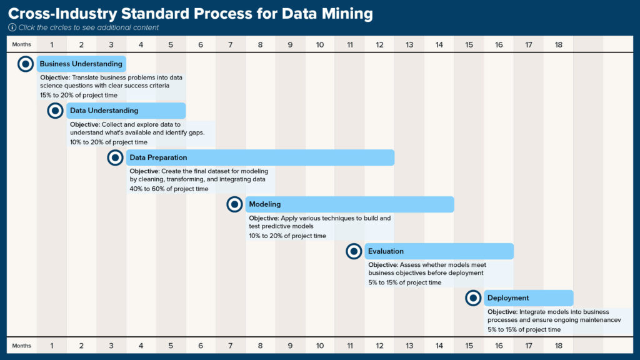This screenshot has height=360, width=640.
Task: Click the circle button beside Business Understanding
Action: point(26,64)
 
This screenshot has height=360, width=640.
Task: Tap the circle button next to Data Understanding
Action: point(56,111)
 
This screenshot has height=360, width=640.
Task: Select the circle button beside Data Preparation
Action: point(115,157)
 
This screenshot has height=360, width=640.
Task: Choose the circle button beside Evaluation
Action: point(354,251)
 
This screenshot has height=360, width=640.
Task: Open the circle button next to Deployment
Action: point(473,298)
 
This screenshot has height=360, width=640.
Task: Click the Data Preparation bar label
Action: point(158,157)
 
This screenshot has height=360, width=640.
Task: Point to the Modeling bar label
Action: point(265,204)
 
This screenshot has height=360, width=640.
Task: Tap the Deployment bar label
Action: point(508,298)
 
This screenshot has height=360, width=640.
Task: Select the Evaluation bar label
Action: point(386,251)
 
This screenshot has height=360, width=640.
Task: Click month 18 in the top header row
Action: point(558,44)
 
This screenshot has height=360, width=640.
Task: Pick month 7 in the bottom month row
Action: point(230,345)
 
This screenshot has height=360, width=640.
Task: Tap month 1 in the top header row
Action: point(51,44)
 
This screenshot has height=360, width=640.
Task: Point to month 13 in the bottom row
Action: point(409,345)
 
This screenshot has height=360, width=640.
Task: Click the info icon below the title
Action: point(12,27)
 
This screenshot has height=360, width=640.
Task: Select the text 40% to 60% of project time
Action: point(169,189)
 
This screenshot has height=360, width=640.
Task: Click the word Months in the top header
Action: point(21,44)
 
